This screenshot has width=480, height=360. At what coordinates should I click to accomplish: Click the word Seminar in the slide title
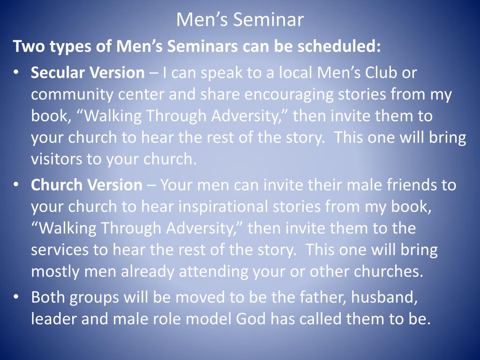click(x=268, y=20)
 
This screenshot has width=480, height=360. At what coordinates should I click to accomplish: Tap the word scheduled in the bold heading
click(x=337, y=46)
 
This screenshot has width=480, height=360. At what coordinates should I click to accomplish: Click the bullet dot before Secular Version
click(x=16, y=73)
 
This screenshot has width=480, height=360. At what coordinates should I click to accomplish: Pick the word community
click(x=72, y=95)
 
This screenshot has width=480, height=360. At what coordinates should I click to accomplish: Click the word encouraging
click(x=289, y=95)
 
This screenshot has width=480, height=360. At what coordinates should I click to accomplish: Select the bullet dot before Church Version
click(x=16, y=185)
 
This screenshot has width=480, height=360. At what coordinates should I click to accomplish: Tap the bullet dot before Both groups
click(x=16, y=297)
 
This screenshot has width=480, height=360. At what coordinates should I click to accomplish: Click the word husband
click(x=384, y=297)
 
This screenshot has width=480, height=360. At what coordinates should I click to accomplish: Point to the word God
click(x=251, y=319)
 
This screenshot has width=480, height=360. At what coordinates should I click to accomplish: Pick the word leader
click(x=53, y=319)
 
